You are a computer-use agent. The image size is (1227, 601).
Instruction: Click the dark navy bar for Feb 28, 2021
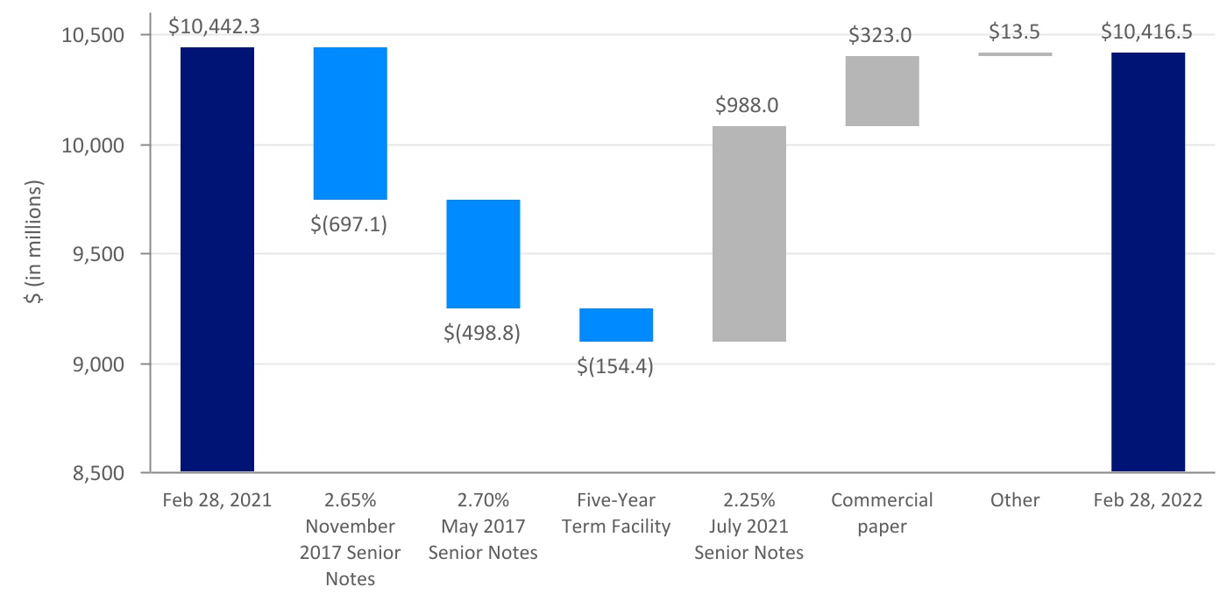coord(217,259)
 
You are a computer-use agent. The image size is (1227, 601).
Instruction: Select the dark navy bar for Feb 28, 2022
coord(1148,262)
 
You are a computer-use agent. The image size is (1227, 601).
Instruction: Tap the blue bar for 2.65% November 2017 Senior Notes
coord(351,124)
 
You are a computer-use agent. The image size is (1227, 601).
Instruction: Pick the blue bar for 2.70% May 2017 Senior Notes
coord(483,254)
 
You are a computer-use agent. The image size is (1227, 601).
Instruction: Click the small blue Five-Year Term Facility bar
coord(616,325)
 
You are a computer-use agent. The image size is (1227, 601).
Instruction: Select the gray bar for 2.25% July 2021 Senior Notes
coord(749,234)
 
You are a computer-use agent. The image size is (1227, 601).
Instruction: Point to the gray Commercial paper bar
coord(882,91)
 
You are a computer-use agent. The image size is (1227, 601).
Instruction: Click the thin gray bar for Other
coord(1015,54)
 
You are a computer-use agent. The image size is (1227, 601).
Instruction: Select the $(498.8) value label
coord(483,333)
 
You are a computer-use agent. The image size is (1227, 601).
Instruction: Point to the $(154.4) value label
coord(616,366)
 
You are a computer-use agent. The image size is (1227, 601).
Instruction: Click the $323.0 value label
coord(882,36)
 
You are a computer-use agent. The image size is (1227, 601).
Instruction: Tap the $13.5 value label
coord(1015,32)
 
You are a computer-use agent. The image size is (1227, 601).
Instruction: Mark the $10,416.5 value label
coord(1148,32)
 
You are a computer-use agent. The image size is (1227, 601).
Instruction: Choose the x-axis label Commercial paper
coord(882,513)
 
